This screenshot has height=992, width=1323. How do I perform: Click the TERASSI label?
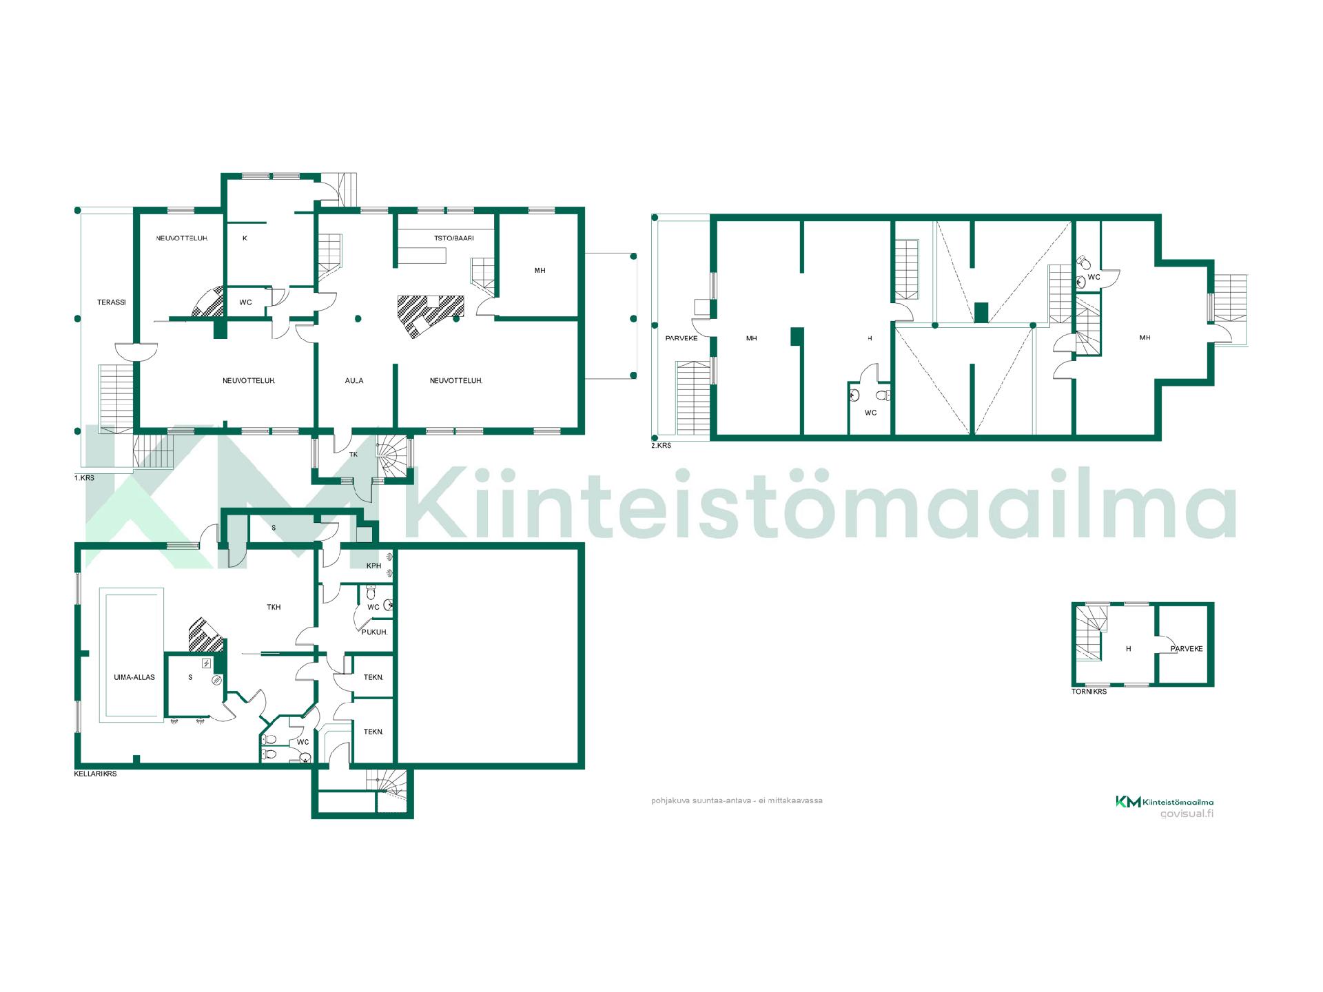point(112,302)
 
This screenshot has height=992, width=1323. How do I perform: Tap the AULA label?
point(354,381)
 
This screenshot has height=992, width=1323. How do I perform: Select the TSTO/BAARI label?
point(454,238)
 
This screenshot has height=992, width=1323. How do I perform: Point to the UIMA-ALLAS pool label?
point(134,677)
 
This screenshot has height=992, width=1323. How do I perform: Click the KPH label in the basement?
point(373,566)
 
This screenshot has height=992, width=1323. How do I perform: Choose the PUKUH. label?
point(375,632)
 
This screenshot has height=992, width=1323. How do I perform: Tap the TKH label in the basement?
point(274,608)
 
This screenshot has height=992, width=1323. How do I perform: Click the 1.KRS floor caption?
point(84,478)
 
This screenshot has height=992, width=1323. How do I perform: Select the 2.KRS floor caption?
point(661,446)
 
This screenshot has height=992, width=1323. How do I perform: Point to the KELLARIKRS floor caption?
point(95,774)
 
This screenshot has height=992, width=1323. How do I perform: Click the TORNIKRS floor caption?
point(1089,691)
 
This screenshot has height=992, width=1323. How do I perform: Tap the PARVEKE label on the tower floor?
point(1187,649)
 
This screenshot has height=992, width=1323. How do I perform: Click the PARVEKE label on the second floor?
point(681,338)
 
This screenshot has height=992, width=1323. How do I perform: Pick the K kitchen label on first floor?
point(245,238)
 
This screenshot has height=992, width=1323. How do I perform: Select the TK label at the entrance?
point(353,455)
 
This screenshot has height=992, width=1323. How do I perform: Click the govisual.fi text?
point(1187,814)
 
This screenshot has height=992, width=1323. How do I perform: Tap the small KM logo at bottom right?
point(1128,801)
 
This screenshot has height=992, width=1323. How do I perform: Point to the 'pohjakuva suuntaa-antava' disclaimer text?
point(737,800)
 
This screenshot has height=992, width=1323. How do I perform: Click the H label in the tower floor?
point(1128,649)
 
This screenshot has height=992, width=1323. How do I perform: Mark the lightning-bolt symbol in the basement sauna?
point(206,663)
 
